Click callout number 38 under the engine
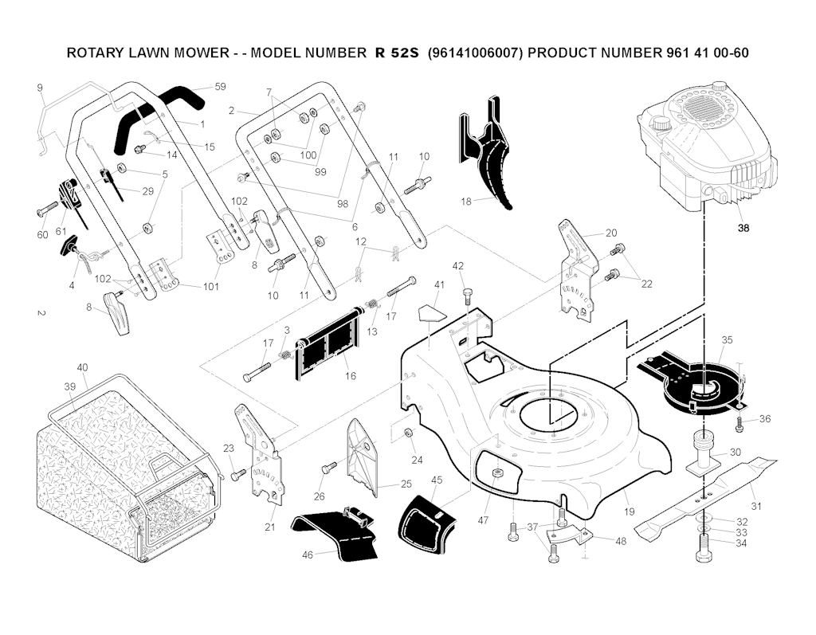743,227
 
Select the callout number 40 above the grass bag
82,367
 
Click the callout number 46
307,555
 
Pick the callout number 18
467,202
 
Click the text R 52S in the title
397,53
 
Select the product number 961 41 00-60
705,53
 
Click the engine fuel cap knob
661,124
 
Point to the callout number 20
611,233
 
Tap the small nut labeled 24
408,432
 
